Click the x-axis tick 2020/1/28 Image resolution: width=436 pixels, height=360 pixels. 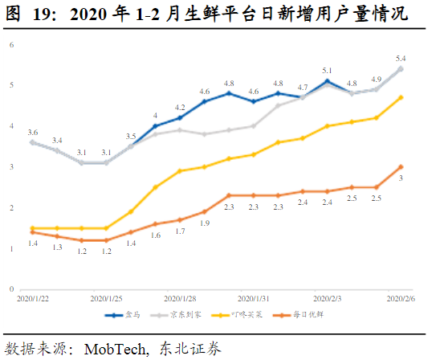coord(179,297)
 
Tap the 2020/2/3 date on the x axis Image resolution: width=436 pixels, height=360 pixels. coord(328,297)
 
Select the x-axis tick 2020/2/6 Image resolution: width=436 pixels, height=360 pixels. coord(401,297)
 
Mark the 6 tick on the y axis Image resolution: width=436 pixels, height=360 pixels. coord(12,44)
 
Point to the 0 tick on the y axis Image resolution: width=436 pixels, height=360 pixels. coord(12,289)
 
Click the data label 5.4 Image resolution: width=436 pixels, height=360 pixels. coord(401,58)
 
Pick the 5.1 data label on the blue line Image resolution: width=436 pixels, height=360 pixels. coord(328,71)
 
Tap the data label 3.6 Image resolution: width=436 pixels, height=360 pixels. coord(32,131)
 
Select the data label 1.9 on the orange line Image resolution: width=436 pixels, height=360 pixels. coord(205,223)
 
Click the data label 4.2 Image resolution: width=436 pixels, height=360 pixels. coord(180,107)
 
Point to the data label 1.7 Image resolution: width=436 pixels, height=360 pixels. coord(180,231)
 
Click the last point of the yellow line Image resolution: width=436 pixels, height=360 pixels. coord(401,97)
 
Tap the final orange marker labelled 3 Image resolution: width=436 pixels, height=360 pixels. coord(401,166)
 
